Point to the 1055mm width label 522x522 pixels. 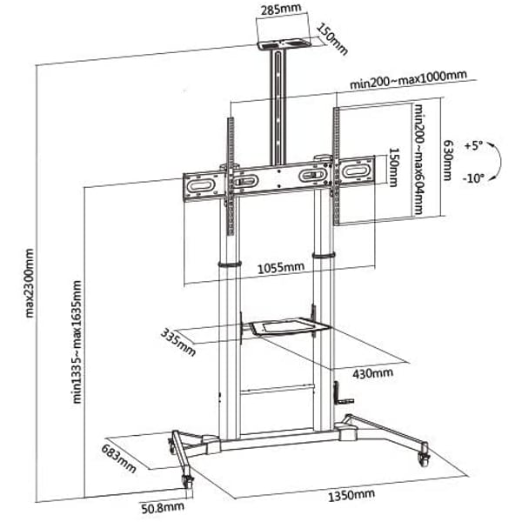coord(280,266)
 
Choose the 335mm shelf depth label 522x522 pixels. coord(178,340)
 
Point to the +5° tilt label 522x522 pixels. coord(473,144)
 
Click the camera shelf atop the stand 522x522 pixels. coord(281,40)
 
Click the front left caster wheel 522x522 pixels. coord(185,479)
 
